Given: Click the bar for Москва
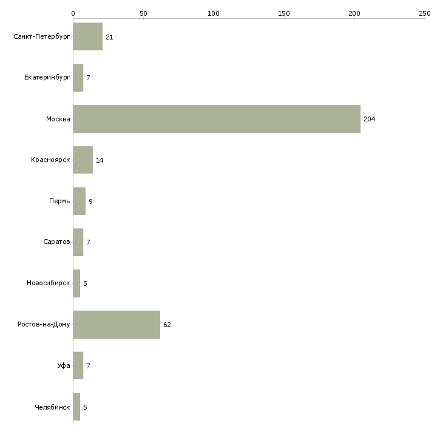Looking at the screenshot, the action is click(217, 119).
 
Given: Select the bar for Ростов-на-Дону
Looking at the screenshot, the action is click(117, 325).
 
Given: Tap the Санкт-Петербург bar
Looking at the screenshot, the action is click(88, 36).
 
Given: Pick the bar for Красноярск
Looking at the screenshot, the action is click(83, 160).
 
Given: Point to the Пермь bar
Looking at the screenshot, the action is click(79, 201).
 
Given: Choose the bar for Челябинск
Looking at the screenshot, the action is click(76, 407).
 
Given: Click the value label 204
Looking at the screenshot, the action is click(369, 119).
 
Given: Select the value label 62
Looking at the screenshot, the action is click(167, 325).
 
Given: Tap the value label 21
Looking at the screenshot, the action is click(109, 37).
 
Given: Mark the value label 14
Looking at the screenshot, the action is click(100, 160).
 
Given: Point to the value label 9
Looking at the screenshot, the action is click(90, 201).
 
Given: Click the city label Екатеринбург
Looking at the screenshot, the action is click(47, 78).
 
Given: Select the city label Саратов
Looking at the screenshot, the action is click(56, 242).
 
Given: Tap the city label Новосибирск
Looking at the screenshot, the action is click(49, 283).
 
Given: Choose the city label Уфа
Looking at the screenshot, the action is click(64, 365).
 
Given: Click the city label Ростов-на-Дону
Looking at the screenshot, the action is click(44, 324).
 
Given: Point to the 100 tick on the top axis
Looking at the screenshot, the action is click(214, 19).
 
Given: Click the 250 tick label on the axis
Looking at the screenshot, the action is click(425, 13).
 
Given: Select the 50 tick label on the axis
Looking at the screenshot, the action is click(143, 13).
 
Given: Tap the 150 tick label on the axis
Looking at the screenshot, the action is click(284, 13).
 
